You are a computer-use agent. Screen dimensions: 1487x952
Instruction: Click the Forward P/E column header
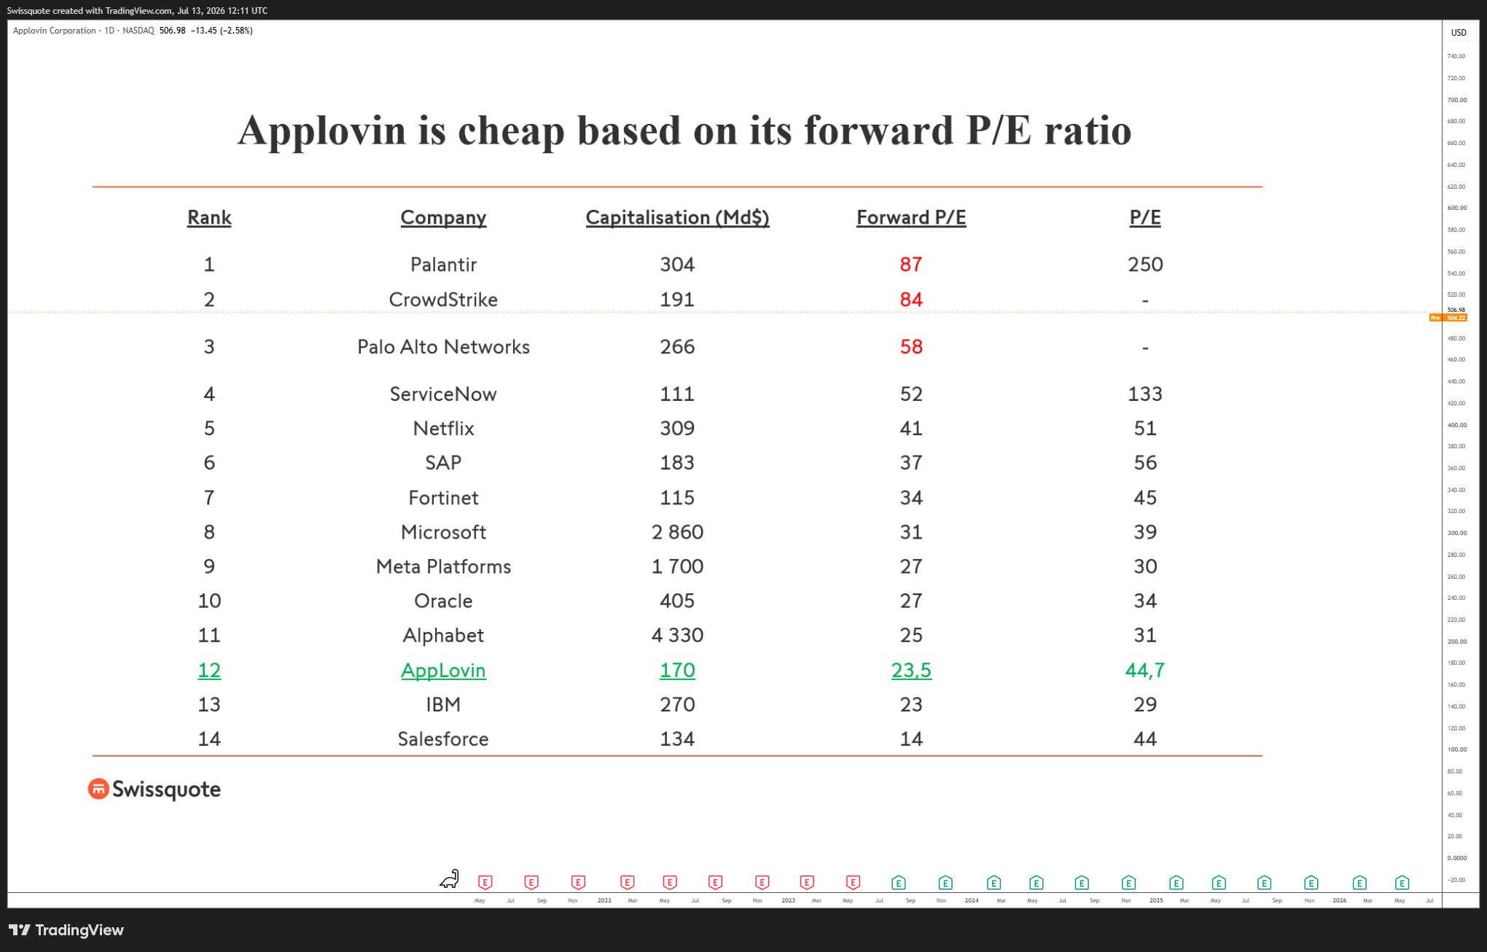(911, 217)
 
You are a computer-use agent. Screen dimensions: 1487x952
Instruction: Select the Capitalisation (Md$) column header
(677, 217)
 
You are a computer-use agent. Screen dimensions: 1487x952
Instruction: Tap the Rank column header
(209, 217)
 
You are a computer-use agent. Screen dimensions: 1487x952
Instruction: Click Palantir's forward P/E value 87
(911, 264)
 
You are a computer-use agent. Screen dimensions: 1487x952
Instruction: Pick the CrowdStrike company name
(443, 300)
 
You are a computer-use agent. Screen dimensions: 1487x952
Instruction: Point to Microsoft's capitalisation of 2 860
(677, 532)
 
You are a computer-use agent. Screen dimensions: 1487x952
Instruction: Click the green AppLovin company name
(443, 671)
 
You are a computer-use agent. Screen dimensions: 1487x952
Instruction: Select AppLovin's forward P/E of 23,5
(911, 671)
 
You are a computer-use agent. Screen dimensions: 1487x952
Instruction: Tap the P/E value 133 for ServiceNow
(1145, 394)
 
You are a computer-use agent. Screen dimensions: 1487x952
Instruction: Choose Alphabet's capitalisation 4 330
(677, 636)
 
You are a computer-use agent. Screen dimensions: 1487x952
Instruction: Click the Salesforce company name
(443, 739)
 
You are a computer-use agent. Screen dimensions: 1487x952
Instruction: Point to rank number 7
(209, 498)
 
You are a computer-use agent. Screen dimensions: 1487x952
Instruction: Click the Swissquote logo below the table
(155, 789)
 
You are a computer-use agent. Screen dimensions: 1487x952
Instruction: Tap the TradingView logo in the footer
(66, 930)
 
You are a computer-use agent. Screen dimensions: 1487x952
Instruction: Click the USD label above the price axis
(1459, 33)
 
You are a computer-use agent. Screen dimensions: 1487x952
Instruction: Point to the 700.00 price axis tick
(1457, 100)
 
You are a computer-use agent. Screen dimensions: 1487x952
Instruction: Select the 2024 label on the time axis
(972, 901)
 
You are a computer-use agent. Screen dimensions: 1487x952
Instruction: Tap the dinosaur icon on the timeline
(450, 879)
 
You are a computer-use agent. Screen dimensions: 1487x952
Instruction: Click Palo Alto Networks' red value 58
(911, 347)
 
